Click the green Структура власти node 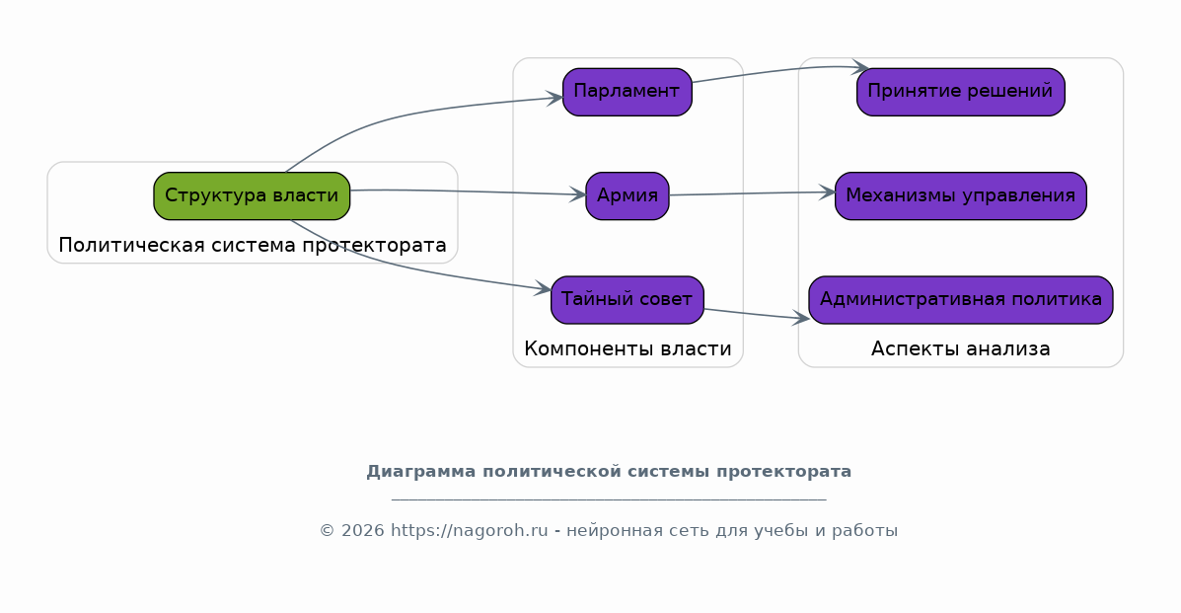[x=252, y=196]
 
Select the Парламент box [x=627, y=92]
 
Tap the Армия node [x=627, y=196]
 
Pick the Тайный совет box [x=627, y=300]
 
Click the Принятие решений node [x=960, y=92]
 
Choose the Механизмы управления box [x=960, y=196]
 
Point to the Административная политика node [x=960, y=300]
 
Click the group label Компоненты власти [x=627, y=349]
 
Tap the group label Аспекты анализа [x=960, y=349]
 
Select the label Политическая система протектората [x=253, y=245]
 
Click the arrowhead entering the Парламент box [x=555, y=98]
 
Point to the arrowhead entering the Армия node [x=578, y=195]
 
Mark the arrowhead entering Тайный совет [x=543, y=288]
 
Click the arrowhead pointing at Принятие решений [x=861, y=68]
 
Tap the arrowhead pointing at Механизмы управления [x=827, y=192]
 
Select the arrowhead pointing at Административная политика [x=800, y=318]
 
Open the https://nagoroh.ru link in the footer [x=470, y=531]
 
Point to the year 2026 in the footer [x=362, y=531]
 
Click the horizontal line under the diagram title [x=609, y=499]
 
